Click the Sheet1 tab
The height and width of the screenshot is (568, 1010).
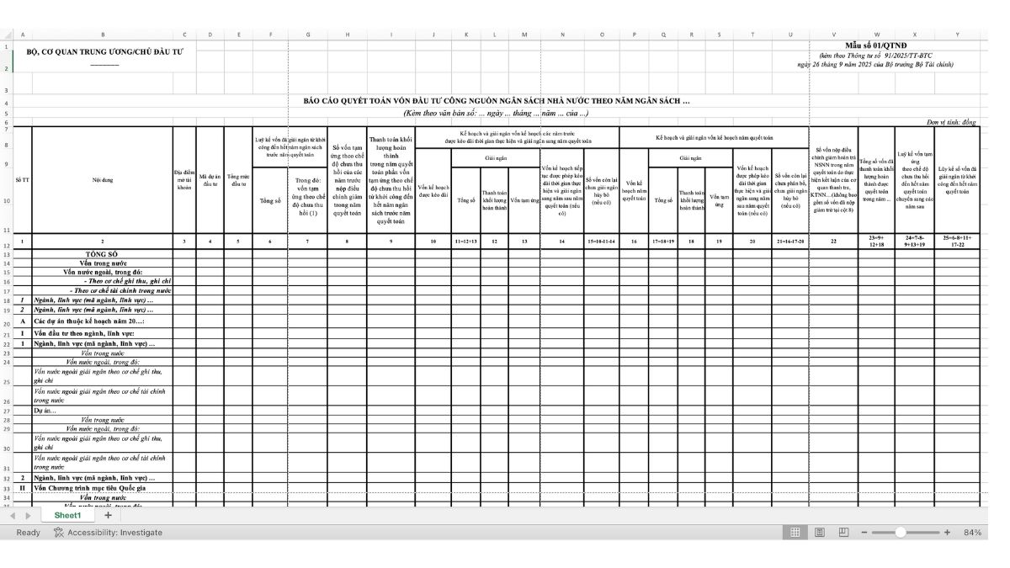pos(67,515)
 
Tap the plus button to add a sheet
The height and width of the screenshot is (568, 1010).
pos(108,515)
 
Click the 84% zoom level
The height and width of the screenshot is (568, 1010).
pos(972,533)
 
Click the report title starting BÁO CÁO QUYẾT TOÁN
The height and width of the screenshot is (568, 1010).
pos(497,100)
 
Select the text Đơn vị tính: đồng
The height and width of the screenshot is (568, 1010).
pos(951,122)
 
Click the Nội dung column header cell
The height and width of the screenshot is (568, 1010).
pos(103,179)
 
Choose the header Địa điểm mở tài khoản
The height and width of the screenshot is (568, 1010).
pos(184,179)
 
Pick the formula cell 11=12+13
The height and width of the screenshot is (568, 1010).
pos(465,242)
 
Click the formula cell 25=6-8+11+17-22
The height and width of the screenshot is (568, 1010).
pos(957,242)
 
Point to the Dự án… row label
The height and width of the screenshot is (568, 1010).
pos(45,411)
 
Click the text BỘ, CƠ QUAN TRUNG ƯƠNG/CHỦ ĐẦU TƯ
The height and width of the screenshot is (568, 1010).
pos(104,51)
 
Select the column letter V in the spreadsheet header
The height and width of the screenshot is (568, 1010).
pos(833,35)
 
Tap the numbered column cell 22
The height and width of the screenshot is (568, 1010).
pos(833,242)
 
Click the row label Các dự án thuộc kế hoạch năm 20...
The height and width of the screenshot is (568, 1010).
pos(89,321)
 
